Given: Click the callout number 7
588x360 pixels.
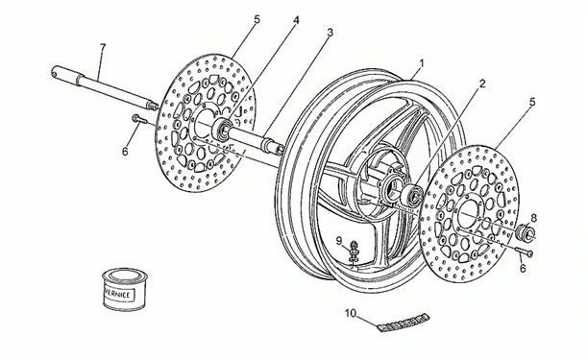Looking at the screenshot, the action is click(x=103, y=47).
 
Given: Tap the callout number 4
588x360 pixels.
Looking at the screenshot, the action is click(x=296, y=20).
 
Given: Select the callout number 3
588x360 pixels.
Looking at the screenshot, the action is click(x=330, y=33).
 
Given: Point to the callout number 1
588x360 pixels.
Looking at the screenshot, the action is click(x=421, y=63).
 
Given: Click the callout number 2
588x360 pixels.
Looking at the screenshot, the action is click(x=482, y=84).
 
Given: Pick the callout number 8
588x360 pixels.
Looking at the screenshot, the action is click(x=533, y=218).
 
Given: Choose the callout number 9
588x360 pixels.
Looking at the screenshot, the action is click(x=339, y=241).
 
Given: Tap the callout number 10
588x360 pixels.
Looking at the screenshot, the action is click(x=350, y=313).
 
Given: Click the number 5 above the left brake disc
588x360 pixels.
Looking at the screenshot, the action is click(x=257, y=19).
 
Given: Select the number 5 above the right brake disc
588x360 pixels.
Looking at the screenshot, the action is click(x=532, y=102).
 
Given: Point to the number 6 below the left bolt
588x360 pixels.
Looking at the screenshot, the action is click(x=125, y=152).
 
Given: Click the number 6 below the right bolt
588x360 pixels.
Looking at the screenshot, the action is click(x=523, y=268).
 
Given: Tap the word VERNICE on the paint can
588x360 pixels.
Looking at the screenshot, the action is click(x=117, y=295).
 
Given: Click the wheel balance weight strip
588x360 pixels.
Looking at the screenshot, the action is click(x=404, y=323).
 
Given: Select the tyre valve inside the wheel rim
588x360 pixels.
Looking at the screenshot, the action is click(x=353, y=252).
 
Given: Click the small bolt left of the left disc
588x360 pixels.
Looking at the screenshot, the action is click(x=139, y=118).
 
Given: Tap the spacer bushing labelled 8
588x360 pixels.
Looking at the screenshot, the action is click(x=526, y=232).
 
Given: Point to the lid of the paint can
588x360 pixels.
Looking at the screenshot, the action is click(x=125, y=276).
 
